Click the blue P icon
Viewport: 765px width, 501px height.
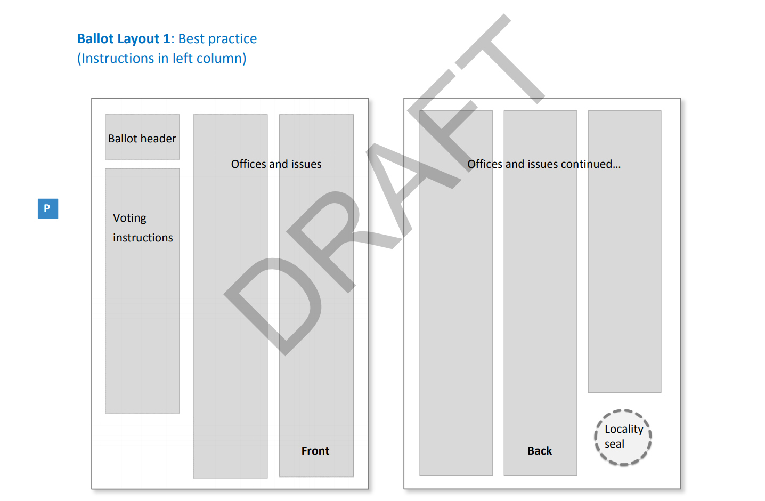tap(47, 208)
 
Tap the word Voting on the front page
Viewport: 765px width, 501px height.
tap(129, 218)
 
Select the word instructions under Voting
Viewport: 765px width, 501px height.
tap(143, 238)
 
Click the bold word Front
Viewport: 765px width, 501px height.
tap(315, 451)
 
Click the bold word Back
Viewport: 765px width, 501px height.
tap(540, 451)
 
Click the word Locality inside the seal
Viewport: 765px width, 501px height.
tap(624, 429)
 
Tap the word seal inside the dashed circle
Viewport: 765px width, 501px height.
tap(614, 444)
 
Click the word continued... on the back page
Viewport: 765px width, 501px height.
tap(591, 164)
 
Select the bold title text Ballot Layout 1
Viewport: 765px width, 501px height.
tap(124, 39)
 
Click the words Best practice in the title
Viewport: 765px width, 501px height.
tap(217, 39)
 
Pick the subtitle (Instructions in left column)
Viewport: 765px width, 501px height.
tap(162, 58)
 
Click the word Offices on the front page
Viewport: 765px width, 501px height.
tap(248, 164)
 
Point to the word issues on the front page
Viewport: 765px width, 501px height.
tap(306, 164)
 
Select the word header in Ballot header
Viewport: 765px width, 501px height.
tap(158, 139)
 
